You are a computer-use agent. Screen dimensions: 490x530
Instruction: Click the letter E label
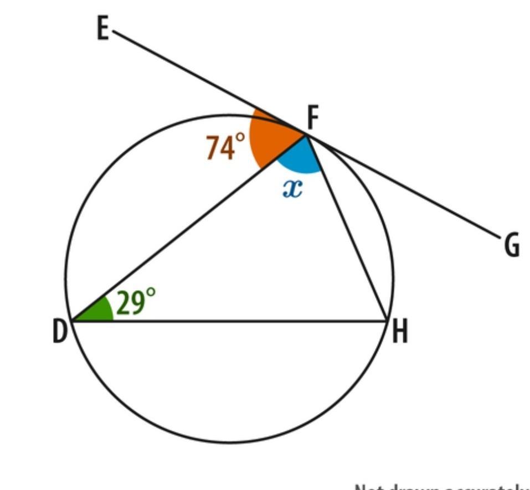[102, 29]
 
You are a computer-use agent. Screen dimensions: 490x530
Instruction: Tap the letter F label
[313, 117]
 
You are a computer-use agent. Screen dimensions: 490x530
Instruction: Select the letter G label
[512, 246]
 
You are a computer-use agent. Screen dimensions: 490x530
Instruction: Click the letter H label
[400, 332]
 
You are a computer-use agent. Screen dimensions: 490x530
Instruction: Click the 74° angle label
[225, 147]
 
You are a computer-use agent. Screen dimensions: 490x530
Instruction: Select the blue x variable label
[292, 189]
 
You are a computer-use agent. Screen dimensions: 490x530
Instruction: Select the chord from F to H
[346, 227]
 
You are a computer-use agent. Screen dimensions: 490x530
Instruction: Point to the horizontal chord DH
[233, 321]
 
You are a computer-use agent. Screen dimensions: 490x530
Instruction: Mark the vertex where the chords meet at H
[386, 321]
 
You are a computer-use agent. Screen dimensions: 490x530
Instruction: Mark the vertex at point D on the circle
[72, 321]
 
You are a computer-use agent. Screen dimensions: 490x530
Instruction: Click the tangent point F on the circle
[305, 133]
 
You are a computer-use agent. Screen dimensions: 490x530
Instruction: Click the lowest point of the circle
[230, 442]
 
